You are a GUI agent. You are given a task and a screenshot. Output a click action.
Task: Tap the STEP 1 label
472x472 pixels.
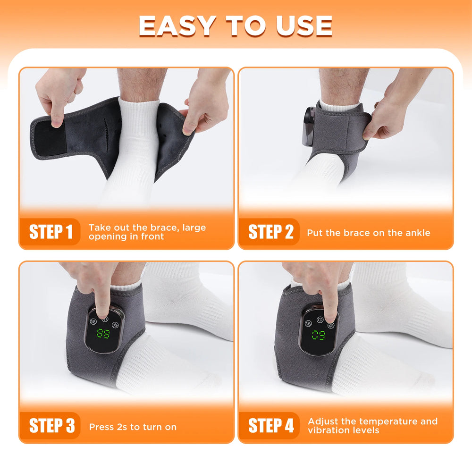click(51, 232)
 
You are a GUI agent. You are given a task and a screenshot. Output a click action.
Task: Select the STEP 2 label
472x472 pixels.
click(270, 232)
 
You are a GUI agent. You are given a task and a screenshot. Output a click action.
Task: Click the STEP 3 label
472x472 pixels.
click(51, 426)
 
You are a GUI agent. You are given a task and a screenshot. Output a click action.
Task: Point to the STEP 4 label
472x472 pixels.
click(270, 426)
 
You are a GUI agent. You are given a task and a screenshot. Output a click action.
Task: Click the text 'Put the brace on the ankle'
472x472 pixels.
click(368, 233)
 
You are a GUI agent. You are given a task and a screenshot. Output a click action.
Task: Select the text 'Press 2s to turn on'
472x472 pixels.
click(133, 427)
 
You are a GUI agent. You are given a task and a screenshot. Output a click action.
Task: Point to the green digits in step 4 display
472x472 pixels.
click(318, 336)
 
